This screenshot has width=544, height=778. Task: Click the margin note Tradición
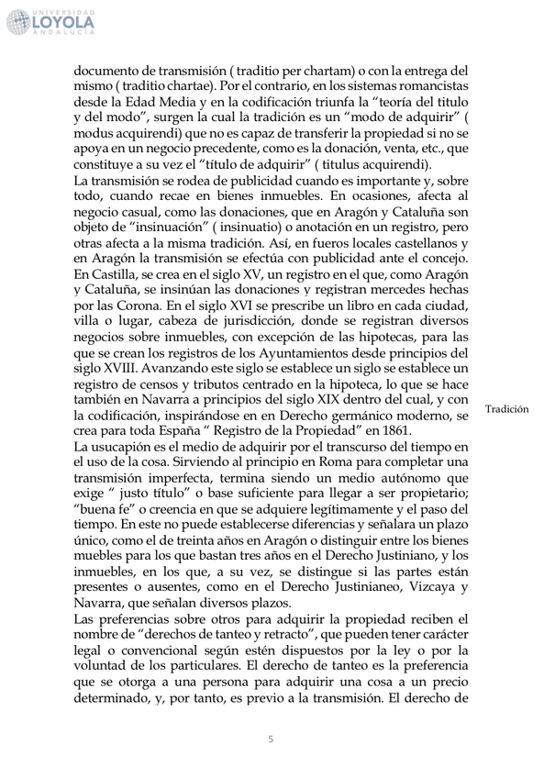(x=506, y=408)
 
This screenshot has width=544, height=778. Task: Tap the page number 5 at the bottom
(x=271, y=739)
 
